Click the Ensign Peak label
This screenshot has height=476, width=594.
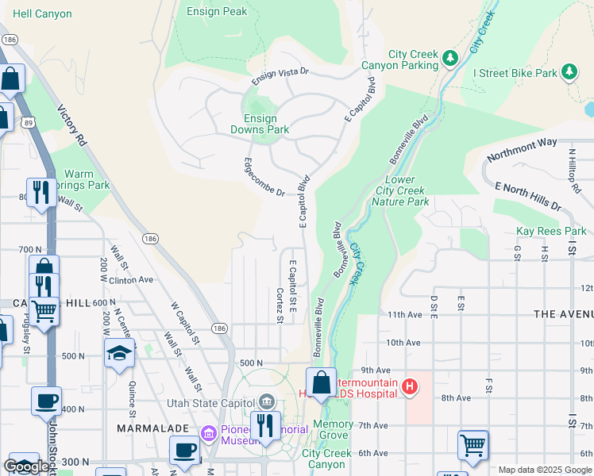(x=217, y=11)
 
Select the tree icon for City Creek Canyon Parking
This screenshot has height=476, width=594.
(x=450, y=58)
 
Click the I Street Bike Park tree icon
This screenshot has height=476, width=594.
(x=569, y=72)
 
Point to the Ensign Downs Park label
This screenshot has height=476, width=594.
(x=260, y=124)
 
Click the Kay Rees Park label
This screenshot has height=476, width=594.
(x=550, y=231)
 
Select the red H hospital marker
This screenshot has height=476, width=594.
(x=410, y=387)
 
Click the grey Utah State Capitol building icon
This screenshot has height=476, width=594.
(x=266, y=403)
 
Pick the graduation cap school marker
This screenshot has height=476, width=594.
(x=119, y=351)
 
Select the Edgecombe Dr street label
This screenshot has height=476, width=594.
(x=264, y=177)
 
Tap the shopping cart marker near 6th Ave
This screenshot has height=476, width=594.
(x=472, y=445)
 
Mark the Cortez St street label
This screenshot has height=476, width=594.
(x=280, y=305)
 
